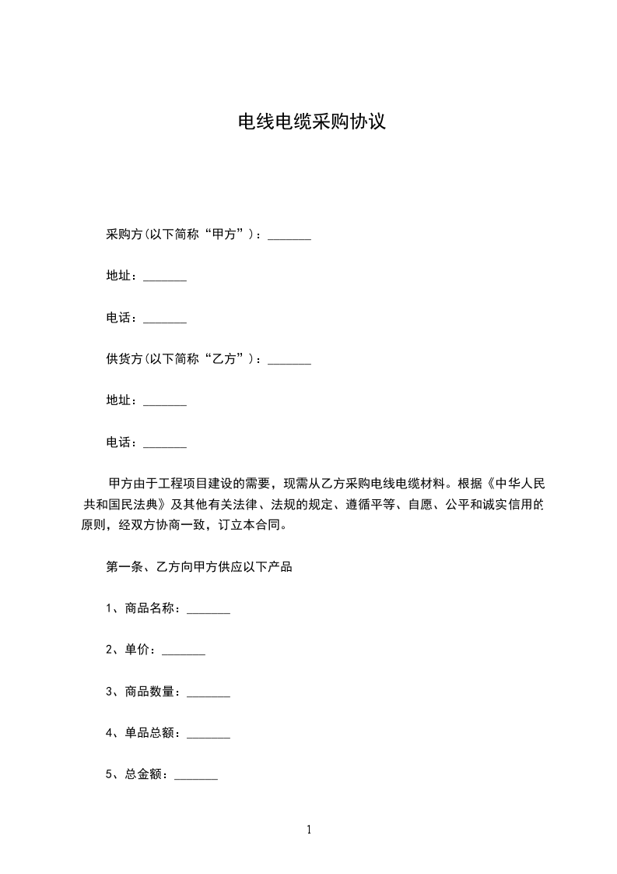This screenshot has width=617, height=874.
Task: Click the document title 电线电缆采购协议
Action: coord(311,122)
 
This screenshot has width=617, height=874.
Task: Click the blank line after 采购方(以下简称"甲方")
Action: coord(289,236)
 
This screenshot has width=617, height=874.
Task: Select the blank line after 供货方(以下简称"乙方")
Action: coord(289,361)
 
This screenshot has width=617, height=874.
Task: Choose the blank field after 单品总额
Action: coord(209,735)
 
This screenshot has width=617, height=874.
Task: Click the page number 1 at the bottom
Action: coord(309,830)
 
